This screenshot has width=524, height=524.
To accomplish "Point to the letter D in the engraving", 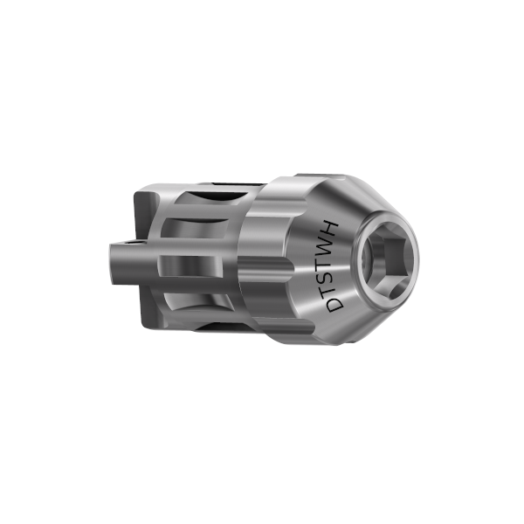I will (334, 306).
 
